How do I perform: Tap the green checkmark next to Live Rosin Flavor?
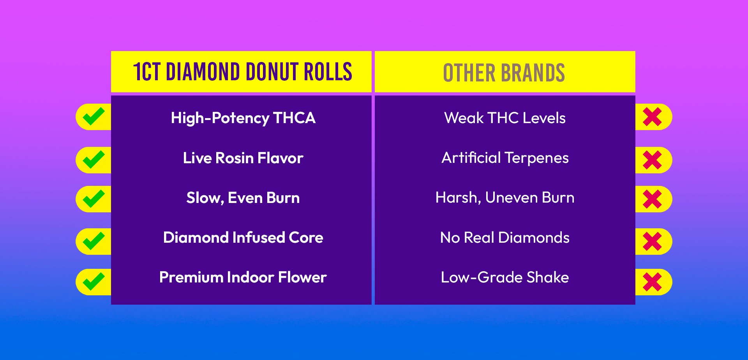click(x=93, y=160)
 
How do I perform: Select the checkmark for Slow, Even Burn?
click(x=93, y=199)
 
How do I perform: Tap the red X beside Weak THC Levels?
click(x=653, y=117)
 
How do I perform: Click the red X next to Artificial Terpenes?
click(x=653, y=160)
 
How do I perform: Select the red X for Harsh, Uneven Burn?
click(x=653, y=199)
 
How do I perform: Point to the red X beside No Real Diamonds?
click(x=653, y=242)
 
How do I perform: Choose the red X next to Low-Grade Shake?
click(x=653, y=282)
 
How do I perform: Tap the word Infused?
click(x=259, y=238)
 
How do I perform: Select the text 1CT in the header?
click(x=147, y=72)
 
